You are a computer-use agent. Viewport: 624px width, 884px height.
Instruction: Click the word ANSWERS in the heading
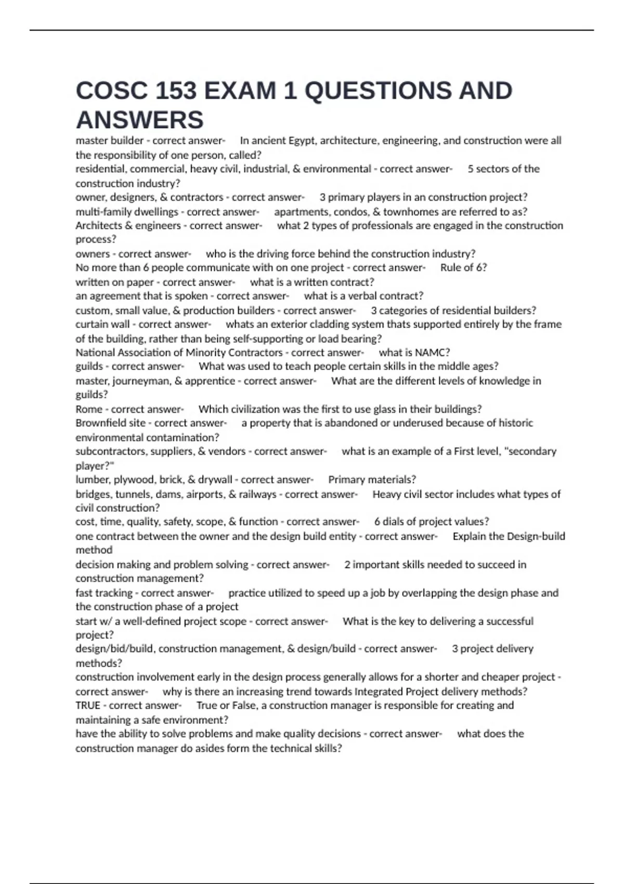[139, 120]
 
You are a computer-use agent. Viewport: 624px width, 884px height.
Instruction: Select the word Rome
[89, 409]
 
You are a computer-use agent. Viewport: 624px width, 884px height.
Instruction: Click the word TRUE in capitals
[88, 706]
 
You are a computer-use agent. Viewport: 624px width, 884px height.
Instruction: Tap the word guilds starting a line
[89, 367]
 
